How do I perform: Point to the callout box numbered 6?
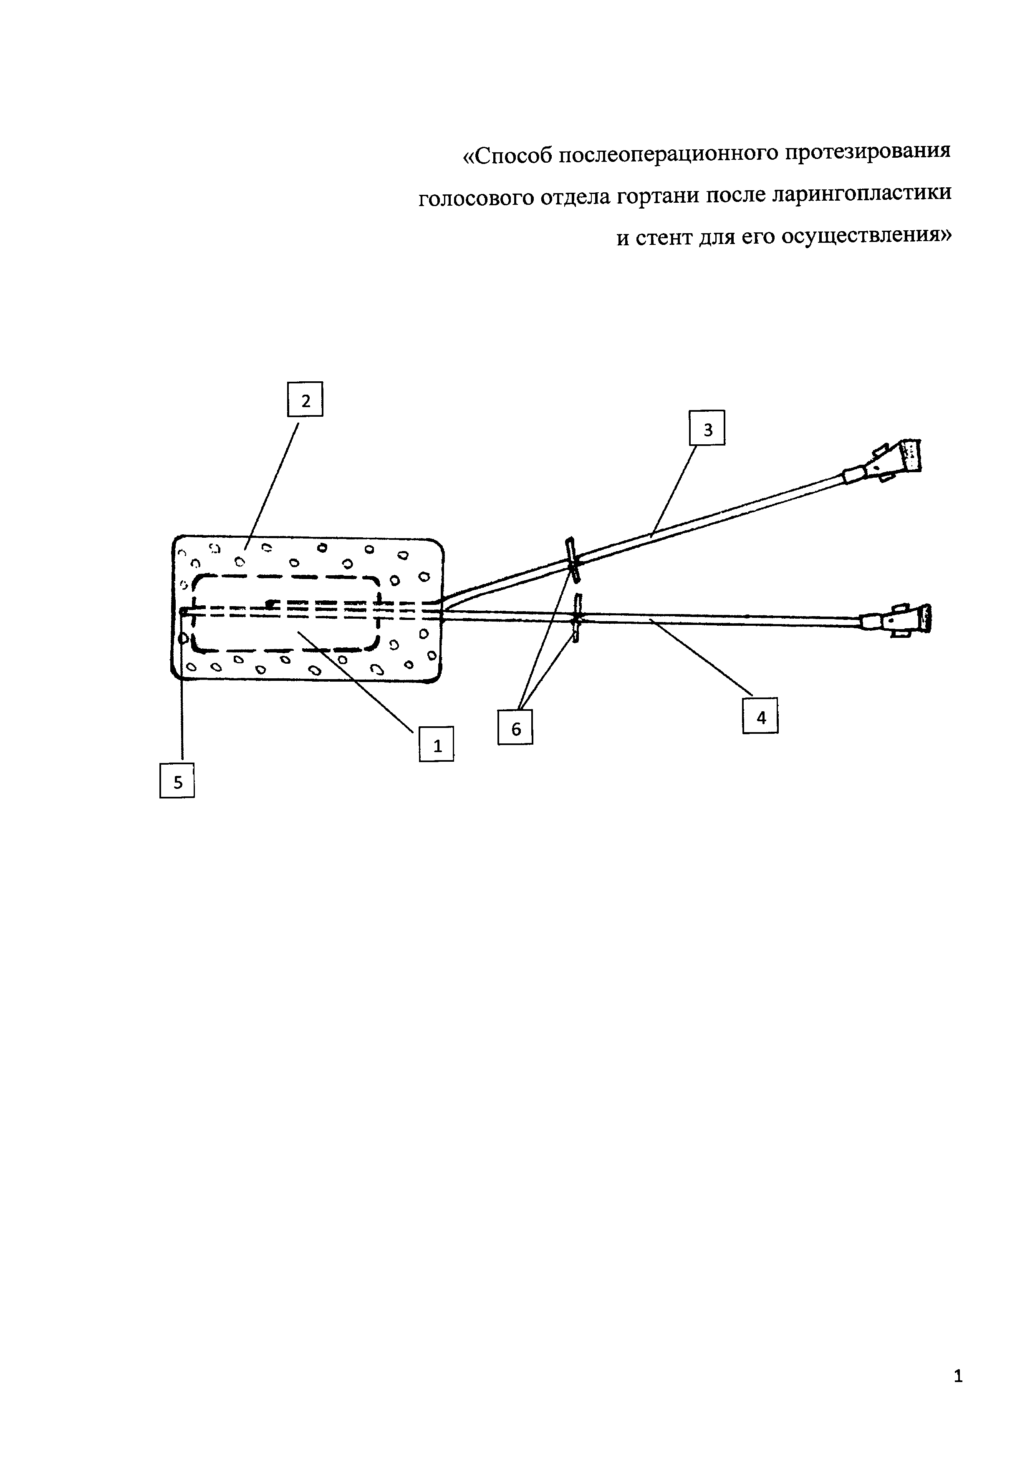pos(515,727)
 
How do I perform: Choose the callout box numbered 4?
pos(760,717)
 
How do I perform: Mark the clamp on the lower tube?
pos(578,618)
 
